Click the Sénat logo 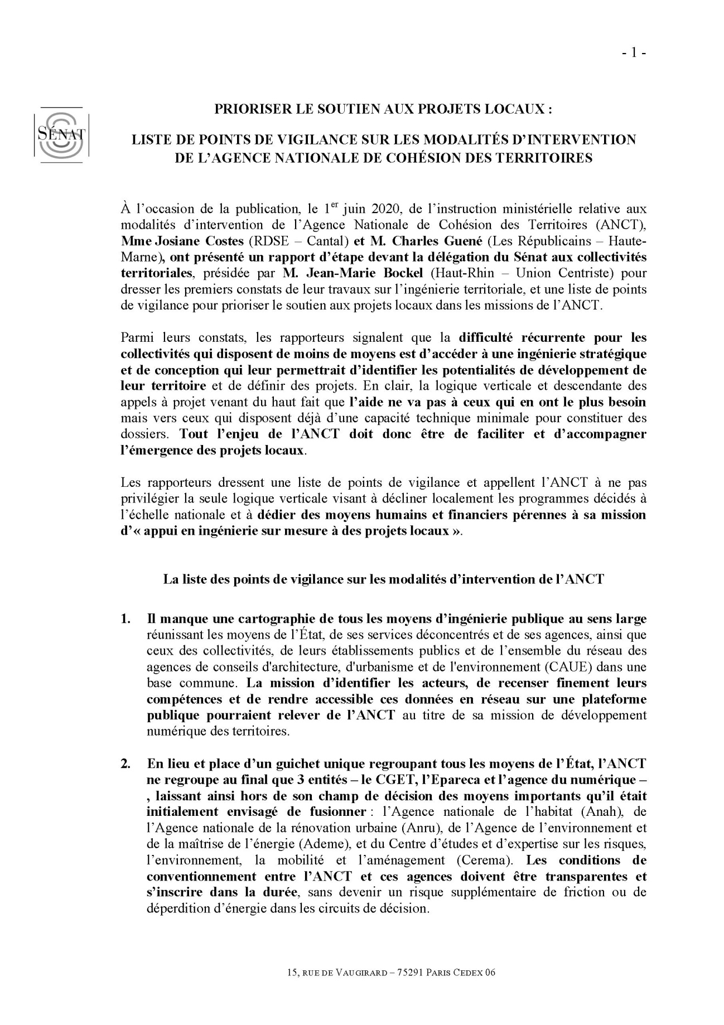(58, 134)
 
